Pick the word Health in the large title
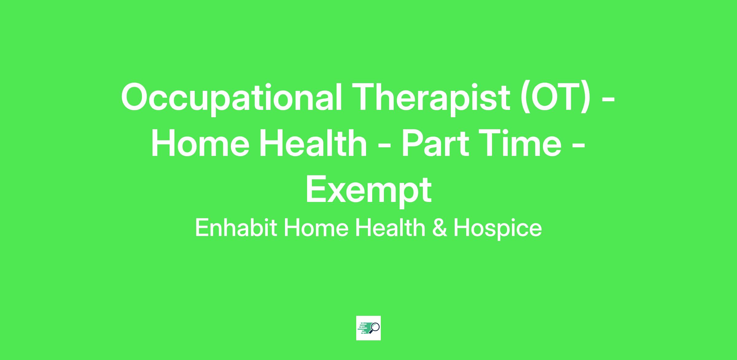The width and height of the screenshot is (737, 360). tap(313, 143)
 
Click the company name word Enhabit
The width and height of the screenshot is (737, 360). tap(236, 228)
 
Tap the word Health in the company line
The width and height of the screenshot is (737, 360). tap(390, 228)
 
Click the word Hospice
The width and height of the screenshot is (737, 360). tap(498, 229)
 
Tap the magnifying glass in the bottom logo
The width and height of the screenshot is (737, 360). tap(375, 327)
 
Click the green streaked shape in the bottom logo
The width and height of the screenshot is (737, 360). tap(364, 328)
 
